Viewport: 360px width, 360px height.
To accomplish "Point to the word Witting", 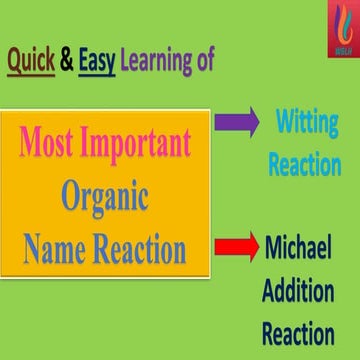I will pyautogui.click(x=306, y=123).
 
